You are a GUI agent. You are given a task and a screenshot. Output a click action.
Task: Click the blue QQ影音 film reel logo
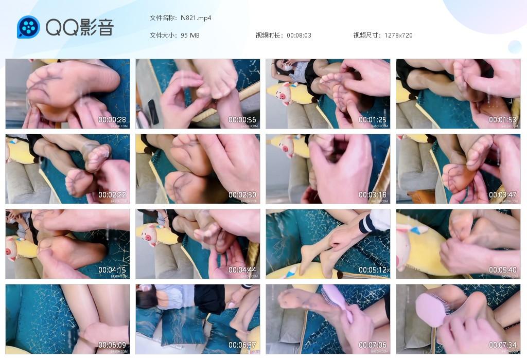click(28, 27)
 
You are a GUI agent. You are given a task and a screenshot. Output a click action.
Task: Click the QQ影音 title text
click(79, 27)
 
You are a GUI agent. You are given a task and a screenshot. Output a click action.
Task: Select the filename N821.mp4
click(196, 18)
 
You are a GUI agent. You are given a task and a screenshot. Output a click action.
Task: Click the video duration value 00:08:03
click(299, 35)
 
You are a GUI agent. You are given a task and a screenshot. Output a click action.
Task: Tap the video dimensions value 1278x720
click(398, 35)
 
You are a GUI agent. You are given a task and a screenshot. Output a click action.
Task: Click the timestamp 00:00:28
click(112, 120)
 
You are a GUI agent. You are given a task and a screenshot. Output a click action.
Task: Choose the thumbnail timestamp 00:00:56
click(242, 120)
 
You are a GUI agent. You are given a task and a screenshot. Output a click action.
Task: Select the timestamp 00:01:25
click(373, 120)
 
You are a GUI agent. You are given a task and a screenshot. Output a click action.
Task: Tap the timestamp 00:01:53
click(503, 120)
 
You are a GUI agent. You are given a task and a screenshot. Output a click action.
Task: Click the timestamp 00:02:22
click(112, 195)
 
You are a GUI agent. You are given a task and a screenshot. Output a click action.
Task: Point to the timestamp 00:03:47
click(503, 195)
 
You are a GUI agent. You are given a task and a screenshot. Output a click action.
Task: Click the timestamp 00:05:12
click(373, 270)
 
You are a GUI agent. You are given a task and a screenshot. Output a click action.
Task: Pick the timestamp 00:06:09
click(112, 345)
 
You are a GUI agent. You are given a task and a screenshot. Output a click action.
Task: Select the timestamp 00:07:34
click(503, 345)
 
